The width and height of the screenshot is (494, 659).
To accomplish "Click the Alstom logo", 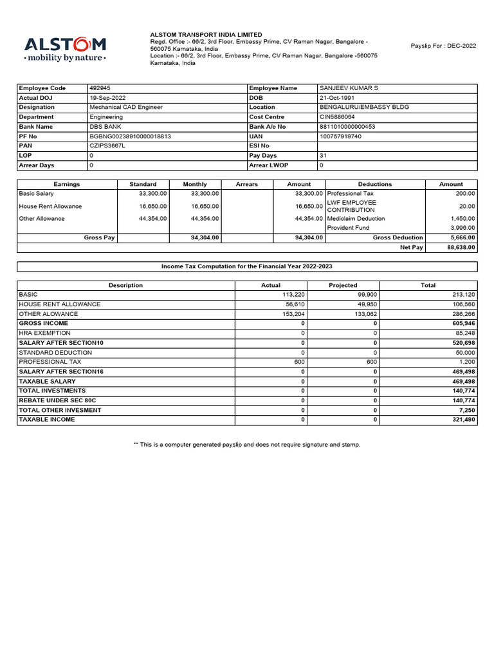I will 65,48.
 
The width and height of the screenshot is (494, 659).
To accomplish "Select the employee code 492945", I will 101,88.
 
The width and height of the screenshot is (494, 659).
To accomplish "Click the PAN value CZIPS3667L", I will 107,146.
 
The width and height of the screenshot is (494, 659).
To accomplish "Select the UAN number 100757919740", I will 340,136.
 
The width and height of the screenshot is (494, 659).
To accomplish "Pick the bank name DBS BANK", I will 105,127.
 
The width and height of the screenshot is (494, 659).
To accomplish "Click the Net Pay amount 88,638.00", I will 461,247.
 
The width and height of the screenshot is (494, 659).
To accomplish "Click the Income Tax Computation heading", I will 246,266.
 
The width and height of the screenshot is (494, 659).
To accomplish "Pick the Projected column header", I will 343,285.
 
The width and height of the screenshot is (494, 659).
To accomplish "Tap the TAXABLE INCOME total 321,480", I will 462,420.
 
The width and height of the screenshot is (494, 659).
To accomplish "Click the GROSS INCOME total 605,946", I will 462,324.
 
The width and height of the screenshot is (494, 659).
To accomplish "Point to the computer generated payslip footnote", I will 246,445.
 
